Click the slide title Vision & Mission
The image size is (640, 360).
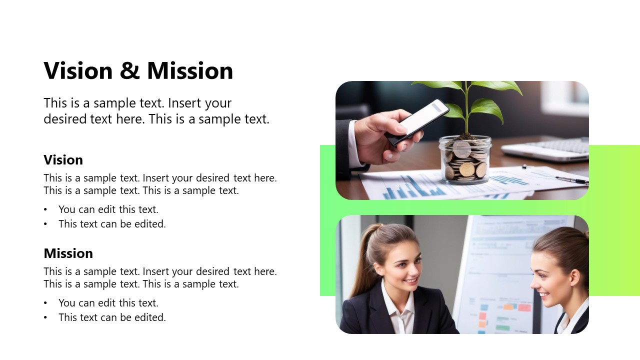coord(138,70)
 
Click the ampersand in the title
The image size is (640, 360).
coord(129,71)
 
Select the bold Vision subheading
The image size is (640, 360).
coord(63,160)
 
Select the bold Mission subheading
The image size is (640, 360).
coord(68,253)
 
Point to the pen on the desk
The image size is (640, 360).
coord(571,179)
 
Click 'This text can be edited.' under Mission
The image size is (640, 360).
coord(112,317)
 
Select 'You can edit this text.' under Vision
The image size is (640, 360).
coord(108,209)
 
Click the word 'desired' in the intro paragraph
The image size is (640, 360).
coord(64,119)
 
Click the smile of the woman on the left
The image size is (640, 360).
coord(410,281)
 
